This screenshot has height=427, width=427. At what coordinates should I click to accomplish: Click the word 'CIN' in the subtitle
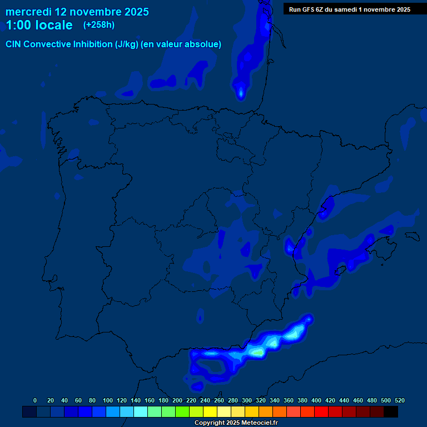point(14,44)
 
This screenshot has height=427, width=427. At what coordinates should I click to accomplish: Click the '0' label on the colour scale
point(35,400)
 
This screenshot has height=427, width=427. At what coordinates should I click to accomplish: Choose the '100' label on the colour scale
point(108,400)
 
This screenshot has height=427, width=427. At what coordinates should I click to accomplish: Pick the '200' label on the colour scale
point(177,400)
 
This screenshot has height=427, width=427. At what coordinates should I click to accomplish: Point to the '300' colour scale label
point(247,400)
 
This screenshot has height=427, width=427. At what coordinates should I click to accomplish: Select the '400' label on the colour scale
point(316,400)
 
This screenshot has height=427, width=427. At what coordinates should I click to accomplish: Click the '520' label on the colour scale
point(399,400)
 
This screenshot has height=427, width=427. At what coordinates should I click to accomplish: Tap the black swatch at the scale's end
point(391,411)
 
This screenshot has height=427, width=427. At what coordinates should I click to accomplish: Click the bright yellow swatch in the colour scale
point(210,411)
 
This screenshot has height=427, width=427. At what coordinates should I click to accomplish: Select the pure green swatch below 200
point(168,411)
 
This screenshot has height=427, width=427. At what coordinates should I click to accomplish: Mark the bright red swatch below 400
point(321,411)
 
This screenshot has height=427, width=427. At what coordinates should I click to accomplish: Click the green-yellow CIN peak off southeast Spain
point(257,352)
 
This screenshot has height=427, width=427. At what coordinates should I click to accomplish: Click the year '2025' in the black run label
point(401,9)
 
